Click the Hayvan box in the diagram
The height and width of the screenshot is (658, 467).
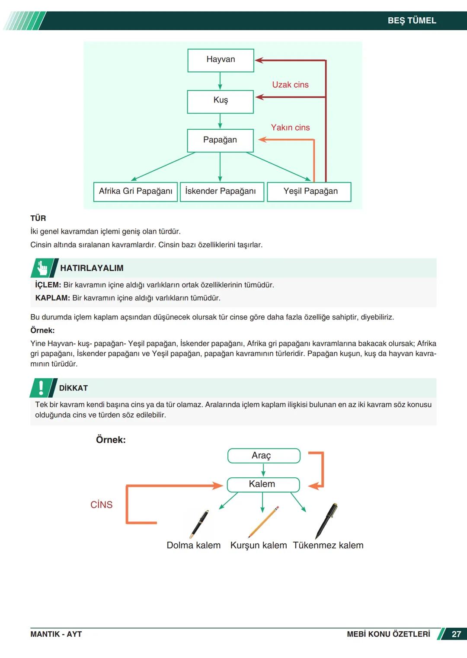pyautogui.click(x=221, y=60)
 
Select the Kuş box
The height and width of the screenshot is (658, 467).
pyautogui.click(x=220, y=102)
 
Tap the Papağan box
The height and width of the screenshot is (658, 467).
pyautogui.click(x=220, y=141)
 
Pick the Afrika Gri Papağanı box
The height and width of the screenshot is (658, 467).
pyautogui.click(x=135, y=192)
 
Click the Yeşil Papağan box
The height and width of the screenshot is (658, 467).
pyautogui.click(x=310, y=192)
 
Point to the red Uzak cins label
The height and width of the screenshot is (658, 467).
pyautogui.click(x=290, y=85)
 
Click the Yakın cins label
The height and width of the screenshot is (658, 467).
pyautogui.click(x=290, y=128)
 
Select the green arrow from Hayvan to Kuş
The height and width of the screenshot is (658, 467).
pyautogui.click(x=220, y=81)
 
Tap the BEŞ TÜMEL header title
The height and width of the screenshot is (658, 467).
pyautogui.click(x=412, y=21)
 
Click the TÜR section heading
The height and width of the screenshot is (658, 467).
pyautogui.click(x=38, y=218)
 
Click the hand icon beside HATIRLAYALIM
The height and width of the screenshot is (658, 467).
pyautogui.click(x=43, y=268)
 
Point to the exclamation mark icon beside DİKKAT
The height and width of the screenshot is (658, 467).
pyautogui.click(x=42, y=388)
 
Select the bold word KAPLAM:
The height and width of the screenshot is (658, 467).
pyautogui.click(x=52, y=298)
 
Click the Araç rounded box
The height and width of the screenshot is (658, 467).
pyautogui.click(x=263, y=456)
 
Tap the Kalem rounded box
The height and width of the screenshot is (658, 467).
pyautogui.click(x=263, y=484)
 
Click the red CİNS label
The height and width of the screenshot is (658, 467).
pyautogui.click(x=101, y=505)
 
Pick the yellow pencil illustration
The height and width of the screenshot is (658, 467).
pyautogui.click(x=263, y=522)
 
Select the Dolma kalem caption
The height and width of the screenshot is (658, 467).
pyautogui.click(x=193, y=545)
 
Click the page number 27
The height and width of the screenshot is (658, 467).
pyautogui.click(x=456, y=634)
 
